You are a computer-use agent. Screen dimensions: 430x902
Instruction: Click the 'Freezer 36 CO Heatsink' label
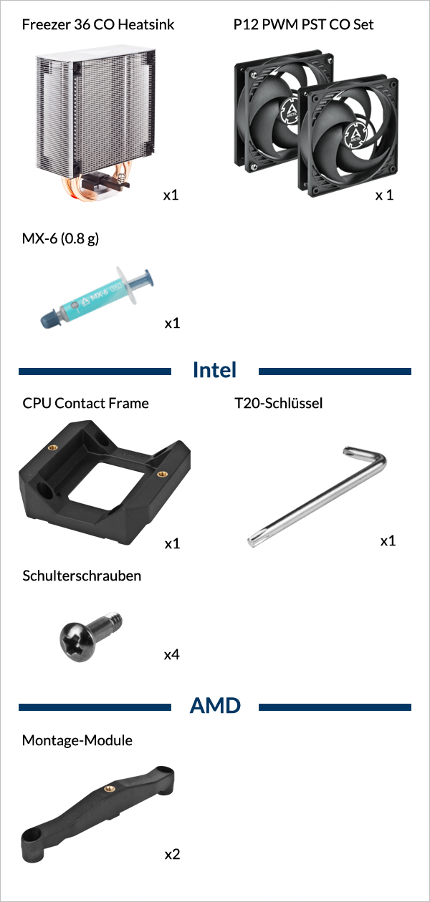click(x=98, y=24)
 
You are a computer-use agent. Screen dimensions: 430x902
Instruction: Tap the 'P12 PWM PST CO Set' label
click(x=303, y=24)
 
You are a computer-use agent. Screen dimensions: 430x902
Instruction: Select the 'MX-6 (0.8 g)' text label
click(x=60, y=239)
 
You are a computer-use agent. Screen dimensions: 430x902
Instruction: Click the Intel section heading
click(x=214, y=369)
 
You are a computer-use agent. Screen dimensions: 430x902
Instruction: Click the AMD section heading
click(x=215, y=706)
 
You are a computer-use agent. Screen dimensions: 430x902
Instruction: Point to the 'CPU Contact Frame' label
click(x=85, y=403)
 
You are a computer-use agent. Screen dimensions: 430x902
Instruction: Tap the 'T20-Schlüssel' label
click(x=279, y=403)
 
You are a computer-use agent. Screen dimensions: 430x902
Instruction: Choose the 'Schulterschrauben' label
click(x=82, y=576)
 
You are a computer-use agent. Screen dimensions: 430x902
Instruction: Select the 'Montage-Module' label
click(x=77, y=740)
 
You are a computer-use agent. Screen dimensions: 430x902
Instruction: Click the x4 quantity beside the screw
click(x=172, y=655)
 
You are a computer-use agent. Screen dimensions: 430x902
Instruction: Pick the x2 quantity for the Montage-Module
click(x=172, y=854)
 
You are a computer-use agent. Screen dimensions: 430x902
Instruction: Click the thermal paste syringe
click(x=97, y=297)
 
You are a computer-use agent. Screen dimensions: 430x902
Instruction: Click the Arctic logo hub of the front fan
click(x=356, y=134)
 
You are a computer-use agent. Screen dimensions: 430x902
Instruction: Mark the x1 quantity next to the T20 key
click(x=388, y=540)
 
